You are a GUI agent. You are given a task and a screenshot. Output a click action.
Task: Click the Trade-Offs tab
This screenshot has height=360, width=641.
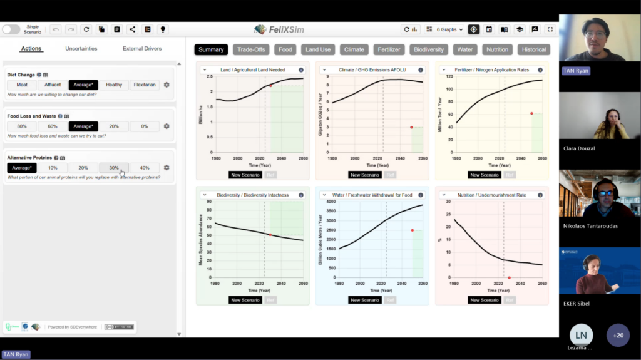[250, 49]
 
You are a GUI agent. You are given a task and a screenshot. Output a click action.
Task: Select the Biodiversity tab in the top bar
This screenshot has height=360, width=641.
[429, 49]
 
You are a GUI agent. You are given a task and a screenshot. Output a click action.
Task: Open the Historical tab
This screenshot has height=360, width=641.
[534, 49]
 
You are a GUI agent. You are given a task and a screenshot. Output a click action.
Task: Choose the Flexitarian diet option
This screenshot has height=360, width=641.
[145, 85]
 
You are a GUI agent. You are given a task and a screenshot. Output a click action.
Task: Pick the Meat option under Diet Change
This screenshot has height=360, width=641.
[22, 85]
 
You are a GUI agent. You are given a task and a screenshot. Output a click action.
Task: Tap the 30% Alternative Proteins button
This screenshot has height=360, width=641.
[114, 168]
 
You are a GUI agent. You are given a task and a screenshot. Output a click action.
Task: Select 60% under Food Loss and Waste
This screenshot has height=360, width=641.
[53, 126]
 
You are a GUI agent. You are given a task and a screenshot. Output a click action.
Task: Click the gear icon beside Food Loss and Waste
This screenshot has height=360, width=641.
[167, 126]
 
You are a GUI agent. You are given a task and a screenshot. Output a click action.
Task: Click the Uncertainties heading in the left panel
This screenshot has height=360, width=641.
[81, 49]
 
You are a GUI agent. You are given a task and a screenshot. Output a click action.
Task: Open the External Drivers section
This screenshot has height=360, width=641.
[142, 49]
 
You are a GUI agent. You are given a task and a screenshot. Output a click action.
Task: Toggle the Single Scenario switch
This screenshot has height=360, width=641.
[11, 29]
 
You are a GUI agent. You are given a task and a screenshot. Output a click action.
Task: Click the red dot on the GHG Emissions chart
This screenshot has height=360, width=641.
[411, 127]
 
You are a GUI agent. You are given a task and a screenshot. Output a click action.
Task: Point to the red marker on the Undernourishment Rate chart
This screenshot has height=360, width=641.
[509, 277]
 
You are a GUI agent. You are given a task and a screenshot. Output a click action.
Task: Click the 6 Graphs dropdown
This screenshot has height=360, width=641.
[445, 29]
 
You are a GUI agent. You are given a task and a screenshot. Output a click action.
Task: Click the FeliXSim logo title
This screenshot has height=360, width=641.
[279, 29]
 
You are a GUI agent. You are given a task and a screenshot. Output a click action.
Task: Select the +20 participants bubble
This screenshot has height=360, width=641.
[618, 335]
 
